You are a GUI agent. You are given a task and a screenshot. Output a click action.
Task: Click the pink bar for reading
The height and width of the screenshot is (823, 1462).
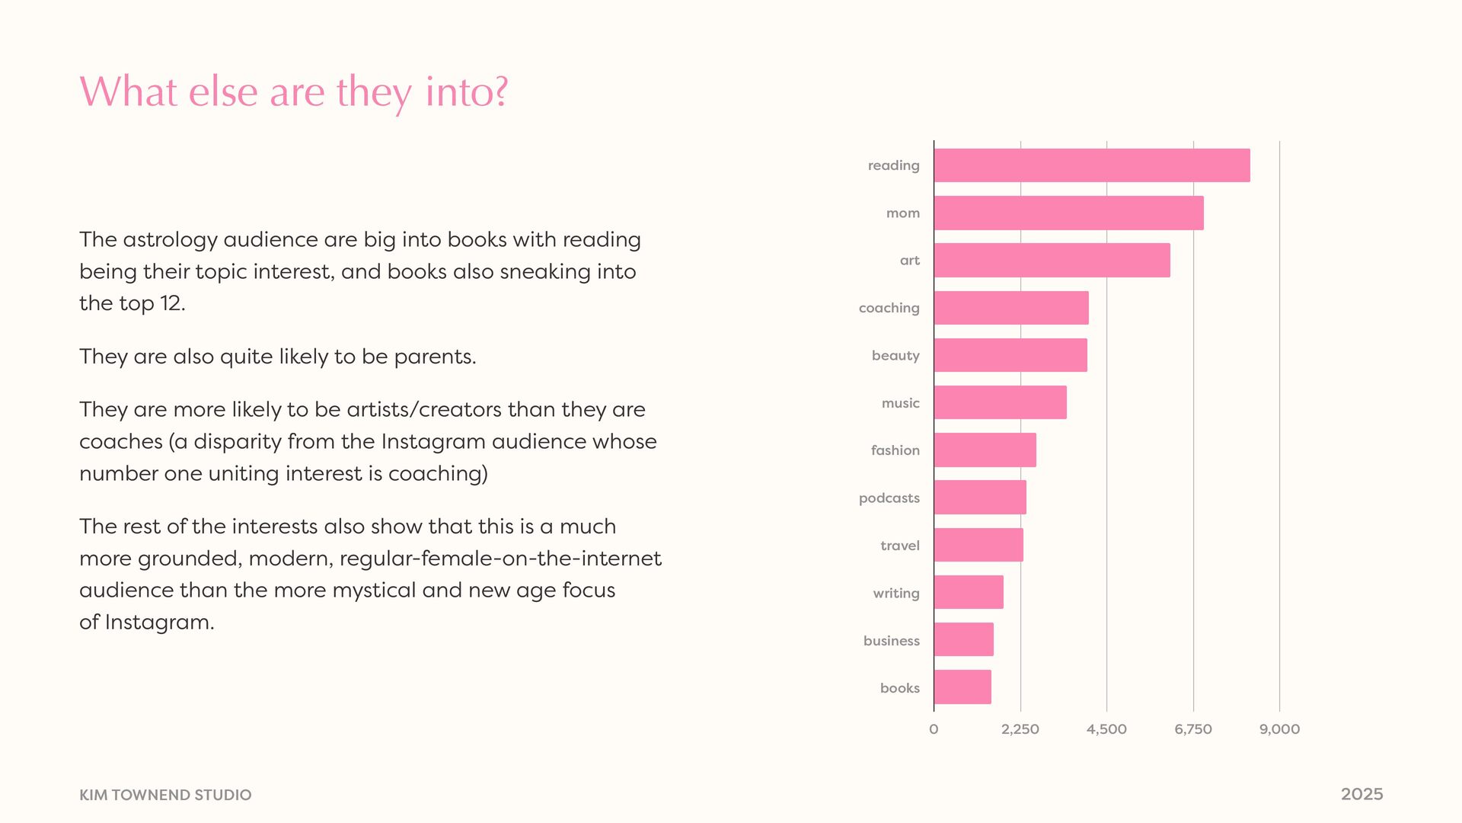(x=1092, y=165)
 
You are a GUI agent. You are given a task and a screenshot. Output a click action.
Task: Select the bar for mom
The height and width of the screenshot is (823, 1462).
(x=1068, y=213)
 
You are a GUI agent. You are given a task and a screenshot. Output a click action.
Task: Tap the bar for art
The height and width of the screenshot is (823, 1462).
(x=1052, y=260)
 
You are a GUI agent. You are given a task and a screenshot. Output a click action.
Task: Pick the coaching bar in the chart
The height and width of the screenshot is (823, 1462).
(x=1011, y=308)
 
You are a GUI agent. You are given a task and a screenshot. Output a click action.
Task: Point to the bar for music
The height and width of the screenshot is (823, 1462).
(x=1000, y=402)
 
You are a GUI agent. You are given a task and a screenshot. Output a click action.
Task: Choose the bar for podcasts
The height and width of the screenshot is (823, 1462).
(x=980, y=498)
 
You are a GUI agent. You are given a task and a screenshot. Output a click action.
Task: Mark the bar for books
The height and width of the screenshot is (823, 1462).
(x=962, y=687)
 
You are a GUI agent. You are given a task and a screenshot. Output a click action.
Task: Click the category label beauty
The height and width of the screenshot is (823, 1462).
(x=895, y=356)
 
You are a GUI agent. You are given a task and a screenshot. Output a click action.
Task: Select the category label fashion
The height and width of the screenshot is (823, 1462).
(x=895, y=450)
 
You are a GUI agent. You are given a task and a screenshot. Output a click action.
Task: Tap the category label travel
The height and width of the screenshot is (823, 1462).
(x=899, y=546)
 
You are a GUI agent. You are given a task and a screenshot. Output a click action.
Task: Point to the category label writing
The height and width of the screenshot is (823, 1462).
(x=895, y=594)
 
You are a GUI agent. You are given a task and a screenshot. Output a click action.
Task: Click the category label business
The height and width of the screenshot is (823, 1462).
(x=891, y=641)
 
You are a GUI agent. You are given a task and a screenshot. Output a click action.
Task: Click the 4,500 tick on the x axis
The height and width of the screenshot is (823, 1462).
(x=1106, y=729)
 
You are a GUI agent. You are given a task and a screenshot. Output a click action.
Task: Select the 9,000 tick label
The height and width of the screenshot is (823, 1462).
(x=1279, y=729)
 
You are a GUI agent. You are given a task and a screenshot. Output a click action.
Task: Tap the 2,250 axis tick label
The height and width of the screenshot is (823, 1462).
(x=1020, y=729)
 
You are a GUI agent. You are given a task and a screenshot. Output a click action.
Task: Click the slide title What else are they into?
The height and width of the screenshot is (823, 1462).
(x=293, y=92)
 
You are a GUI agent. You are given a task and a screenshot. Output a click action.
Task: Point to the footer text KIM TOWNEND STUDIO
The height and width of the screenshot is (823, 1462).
(x=165, y=795)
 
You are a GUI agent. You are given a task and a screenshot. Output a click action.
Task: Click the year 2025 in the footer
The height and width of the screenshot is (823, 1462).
(x=1361, y=794)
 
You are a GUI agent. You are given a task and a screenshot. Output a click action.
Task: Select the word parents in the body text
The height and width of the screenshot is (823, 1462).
(x=434, y=357)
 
